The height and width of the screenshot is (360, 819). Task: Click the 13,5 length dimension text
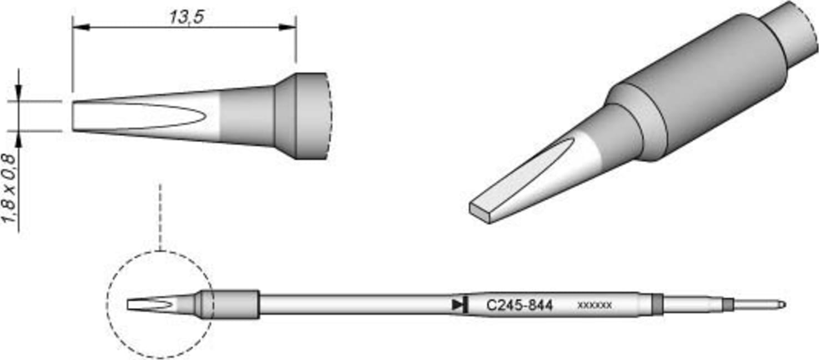pyautogui.click(x=186, y=17)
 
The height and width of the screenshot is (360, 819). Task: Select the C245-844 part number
pyautogui.click(x=519, y=305)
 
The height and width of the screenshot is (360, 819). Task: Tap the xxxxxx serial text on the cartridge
pyautogui.click(x=595, y=305)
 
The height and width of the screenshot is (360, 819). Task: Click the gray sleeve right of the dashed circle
pyautogui.click(x=235, y=304)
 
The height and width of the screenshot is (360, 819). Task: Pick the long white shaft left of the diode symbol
pyautogui.click(x=355, y=304)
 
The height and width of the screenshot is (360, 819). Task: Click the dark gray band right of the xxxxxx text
pyautogui.click(x=657, y=305)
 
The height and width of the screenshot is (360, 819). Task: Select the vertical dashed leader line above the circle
pyautogui.click(x=159, y=217)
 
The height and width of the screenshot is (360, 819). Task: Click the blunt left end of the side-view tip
pyautogui.click(x=74, y=116)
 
